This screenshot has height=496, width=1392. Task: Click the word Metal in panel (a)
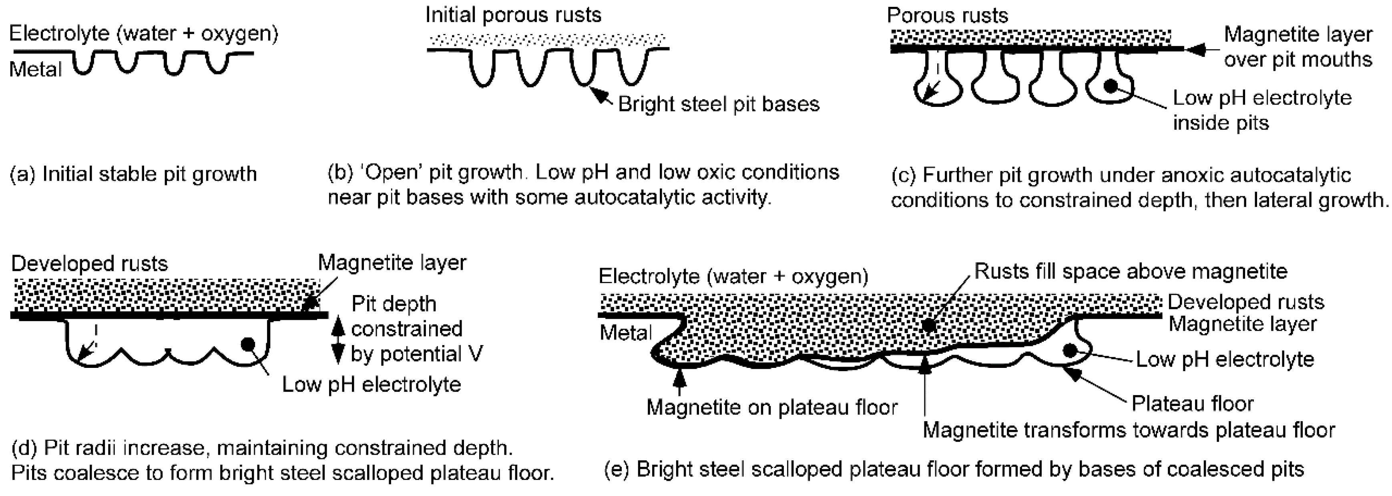[x=36, y=70]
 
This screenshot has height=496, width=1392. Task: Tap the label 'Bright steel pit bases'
[x=718, y=104]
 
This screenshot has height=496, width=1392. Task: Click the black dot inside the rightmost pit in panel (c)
[x=1110, y=85]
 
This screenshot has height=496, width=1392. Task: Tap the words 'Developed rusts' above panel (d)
[x=89, y=264]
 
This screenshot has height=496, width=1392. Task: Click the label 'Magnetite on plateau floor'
[x=771, y=407]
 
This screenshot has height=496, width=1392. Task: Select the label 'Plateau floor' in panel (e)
[x=1192, y=403]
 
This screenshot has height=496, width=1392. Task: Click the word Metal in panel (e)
[x=626, y=332]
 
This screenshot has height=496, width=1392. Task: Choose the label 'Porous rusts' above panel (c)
[x=947, y=15]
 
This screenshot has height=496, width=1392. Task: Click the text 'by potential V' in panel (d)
[x=416, y=354]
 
